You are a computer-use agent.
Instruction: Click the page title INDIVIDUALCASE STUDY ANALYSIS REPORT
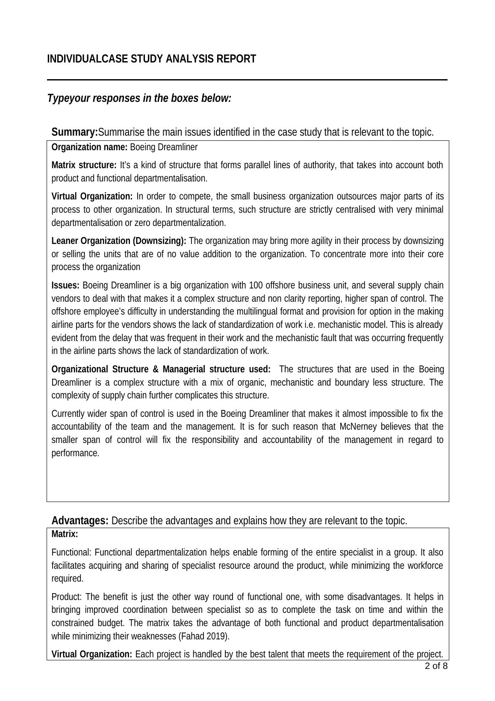[x=151, y=59]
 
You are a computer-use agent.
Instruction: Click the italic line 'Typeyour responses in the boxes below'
[x=139, y=98]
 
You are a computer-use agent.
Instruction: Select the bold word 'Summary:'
[x=74, y=132]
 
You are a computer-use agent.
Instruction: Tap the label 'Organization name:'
[x=89, y=148]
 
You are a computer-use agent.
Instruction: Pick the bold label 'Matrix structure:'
[x=84, y=165]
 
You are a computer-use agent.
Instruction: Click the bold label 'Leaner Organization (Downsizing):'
[x=118, y=241]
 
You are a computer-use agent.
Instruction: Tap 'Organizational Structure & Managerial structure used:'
[x=161, y=369]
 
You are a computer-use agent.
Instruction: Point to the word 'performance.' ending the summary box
[x=75, y=453]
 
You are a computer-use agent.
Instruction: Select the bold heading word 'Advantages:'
[x=80, y=521]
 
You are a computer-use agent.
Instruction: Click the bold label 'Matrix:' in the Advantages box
[x=65, y=535]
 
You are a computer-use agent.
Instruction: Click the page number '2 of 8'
[x=436, y=666]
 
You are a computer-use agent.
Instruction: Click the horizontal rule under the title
[x=247, y=80]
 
